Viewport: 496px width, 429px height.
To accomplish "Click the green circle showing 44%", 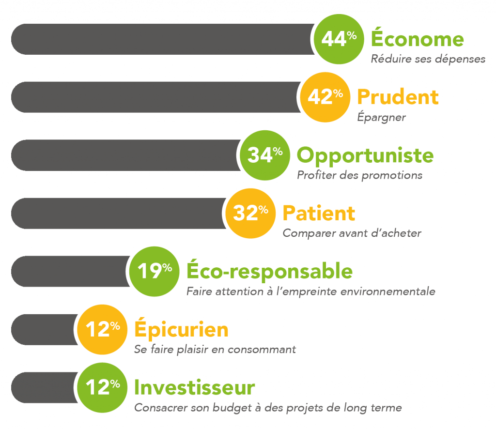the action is click(x=339, y=39).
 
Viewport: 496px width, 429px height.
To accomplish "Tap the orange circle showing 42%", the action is click(x=325, y=97).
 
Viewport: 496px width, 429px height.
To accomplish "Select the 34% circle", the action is click(x=265, y=155).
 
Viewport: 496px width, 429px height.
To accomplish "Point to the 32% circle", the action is click(x=250, y=214).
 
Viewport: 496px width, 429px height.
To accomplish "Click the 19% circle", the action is click(x=155, y=272).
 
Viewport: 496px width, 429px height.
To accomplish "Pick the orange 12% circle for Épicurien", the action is click(x=102, y=329).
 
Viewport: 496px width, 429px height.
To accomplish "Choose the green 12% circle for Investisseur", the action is click(x=102, y=387).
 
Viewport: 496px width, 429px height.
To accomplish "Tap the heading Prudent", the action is click(x=398, y=96).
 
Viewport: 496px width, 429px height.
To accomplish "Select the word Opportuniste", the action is click(x=365, y=156).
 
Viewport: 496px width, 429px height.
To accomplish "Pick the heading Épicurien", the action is click(x=181, y=328).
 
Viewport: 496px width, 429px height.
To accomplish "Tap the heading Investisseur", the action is click(x=195, y=387).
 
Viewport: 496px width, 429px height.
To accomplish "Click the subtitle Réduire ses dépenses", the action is click(x=428, y=59).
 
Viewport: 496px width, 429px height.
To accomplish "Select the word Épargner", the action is click(x=382, y=117).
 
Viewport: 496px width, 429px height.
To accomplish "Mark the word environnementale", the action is click(x=388, y=291).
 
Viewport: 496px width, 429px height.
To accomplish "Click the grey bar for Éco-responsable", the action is click(x=71, y=272).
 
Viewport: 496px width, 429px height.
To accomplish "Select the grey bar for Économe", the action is click(x=163, y=39).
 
